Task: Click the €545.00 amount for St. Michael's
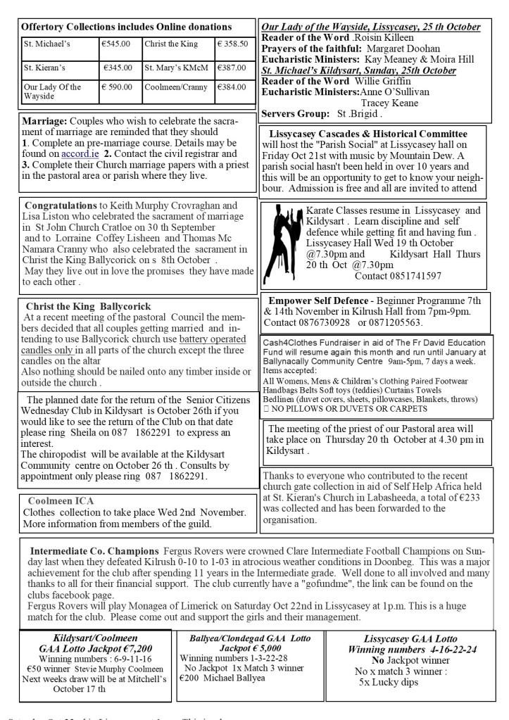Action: pyautogui.click(x=116, y=44)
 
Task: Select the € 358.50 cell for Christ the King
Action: pyautogui.click(x=232, y=44)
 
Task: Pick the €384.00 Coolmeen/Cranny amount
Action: pyautogui.click(x=232, y=91)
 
